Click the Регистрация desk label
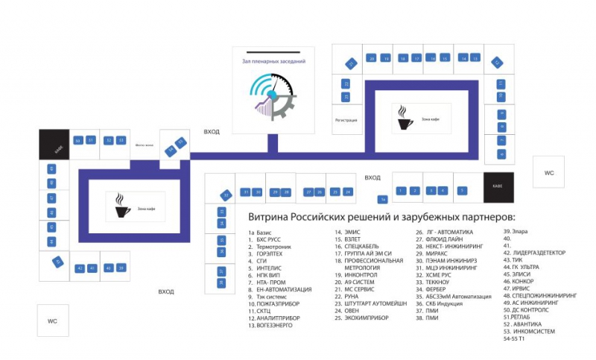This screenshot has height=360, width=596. pyautogui.click(x=346, y=120)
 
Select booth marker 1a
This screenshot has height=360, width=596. pyautogui.click(x=382, y=200)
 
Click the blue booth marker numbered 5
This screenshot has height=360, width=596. pyautogui.click(x=462, y=191)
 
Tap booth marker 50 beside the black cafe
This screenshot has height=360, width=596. pyautogui.click(x=77, y=140)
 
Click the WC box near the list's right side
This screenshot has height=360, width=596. pyautogui.click(x=549, y=173)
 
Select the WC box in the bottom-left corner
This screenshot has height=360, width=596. pyautogui.click(x=52, y=320)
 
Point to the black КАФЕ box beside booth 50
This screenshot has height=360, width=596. pyautogui.click(x=54, y=144)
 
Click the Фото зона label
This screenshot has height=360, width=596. pyautogui.click(x=143, y=145)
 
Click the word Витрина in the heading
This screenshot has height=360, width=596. pyautogui.click(x=264, y=218)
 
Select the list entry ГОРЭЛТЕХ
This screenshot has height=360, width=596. pyautogui.click(x=271, y=253)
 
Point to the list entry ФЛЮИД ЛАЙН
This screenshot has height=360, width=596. pyautogui.click(x=446, y=239)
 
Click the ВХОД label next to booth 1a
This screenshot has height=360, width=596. pyautogui.click(x=372, y=177)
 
